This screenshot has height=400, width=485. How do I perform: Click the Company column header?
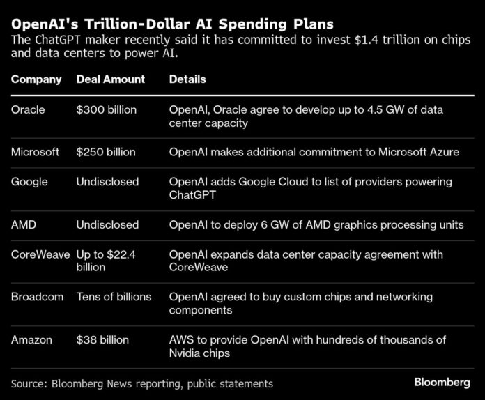coord(36,79)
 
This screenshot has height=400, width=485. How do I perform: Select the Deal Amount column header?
coord(111,79)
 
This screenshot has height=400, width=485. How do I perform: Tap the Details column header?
coord(187,79)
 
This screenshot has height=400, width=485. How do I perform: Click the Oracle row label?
coord(28,109)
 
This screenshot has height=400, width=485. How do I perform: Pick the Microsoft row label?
coord(35,152)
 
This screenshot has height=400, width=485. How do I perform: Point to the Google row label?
coord(29,182)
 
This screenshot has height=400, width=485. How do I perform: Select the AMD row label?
coord(24,224)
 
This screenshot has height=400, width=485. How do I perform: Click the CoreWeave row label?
coord(40,254)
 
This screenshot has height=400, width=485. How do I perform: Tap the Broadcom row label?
coord(38,297)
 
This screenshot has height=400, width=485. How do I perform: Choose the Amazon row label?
coord(32,339)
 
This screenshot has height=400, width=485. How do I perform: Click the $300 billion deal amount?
coord(107,109)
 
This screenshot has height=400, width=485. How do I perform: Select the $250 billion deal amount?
coord(106,152)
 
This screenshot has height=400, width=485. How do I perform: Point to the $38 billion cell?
coord(103,339)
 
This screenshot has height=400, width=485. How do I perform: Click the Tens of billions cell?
coord(114,297)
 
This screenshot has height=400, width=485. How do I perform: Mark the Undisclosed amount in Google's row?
coord(107,182)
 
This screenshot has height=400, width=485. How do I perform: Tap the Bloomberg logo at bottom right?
coord(444,383)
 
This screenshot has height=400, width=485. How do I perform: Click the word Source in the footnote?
coord(31,383)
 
